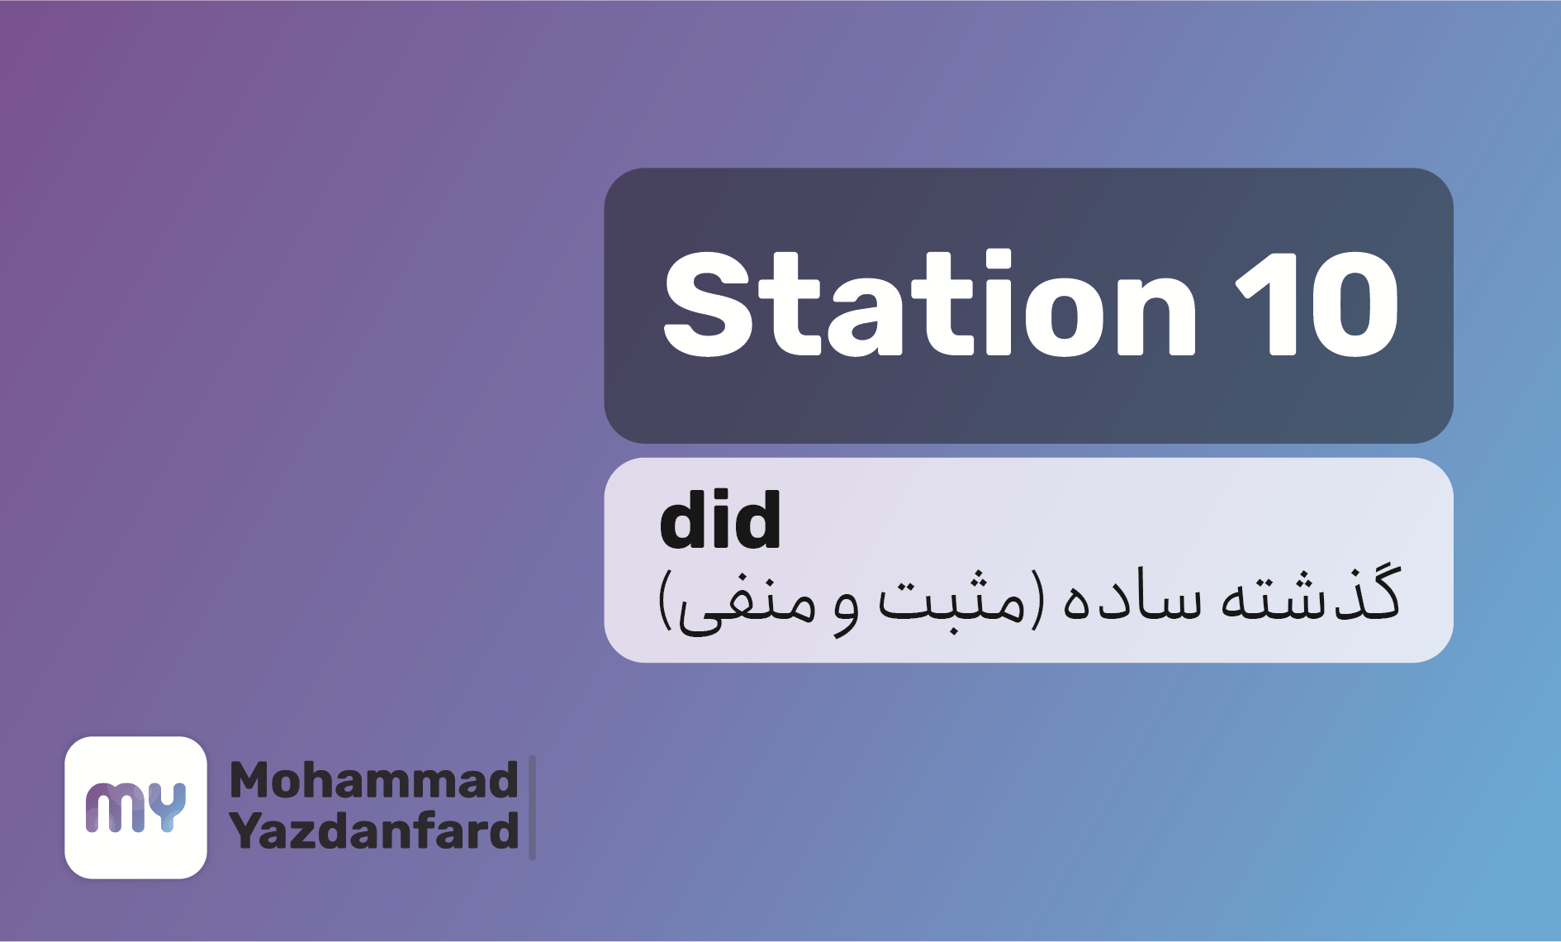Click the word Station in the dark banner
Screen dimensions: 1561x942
(930, 304)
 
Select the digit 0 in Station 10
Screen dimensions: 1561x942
(1354, 304)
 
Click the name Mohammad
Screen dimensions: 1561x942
(373, 780)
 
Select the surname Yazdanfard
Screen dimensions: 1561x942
(373, 830)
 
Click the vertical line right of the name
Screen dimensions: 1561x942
(532, 807)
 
